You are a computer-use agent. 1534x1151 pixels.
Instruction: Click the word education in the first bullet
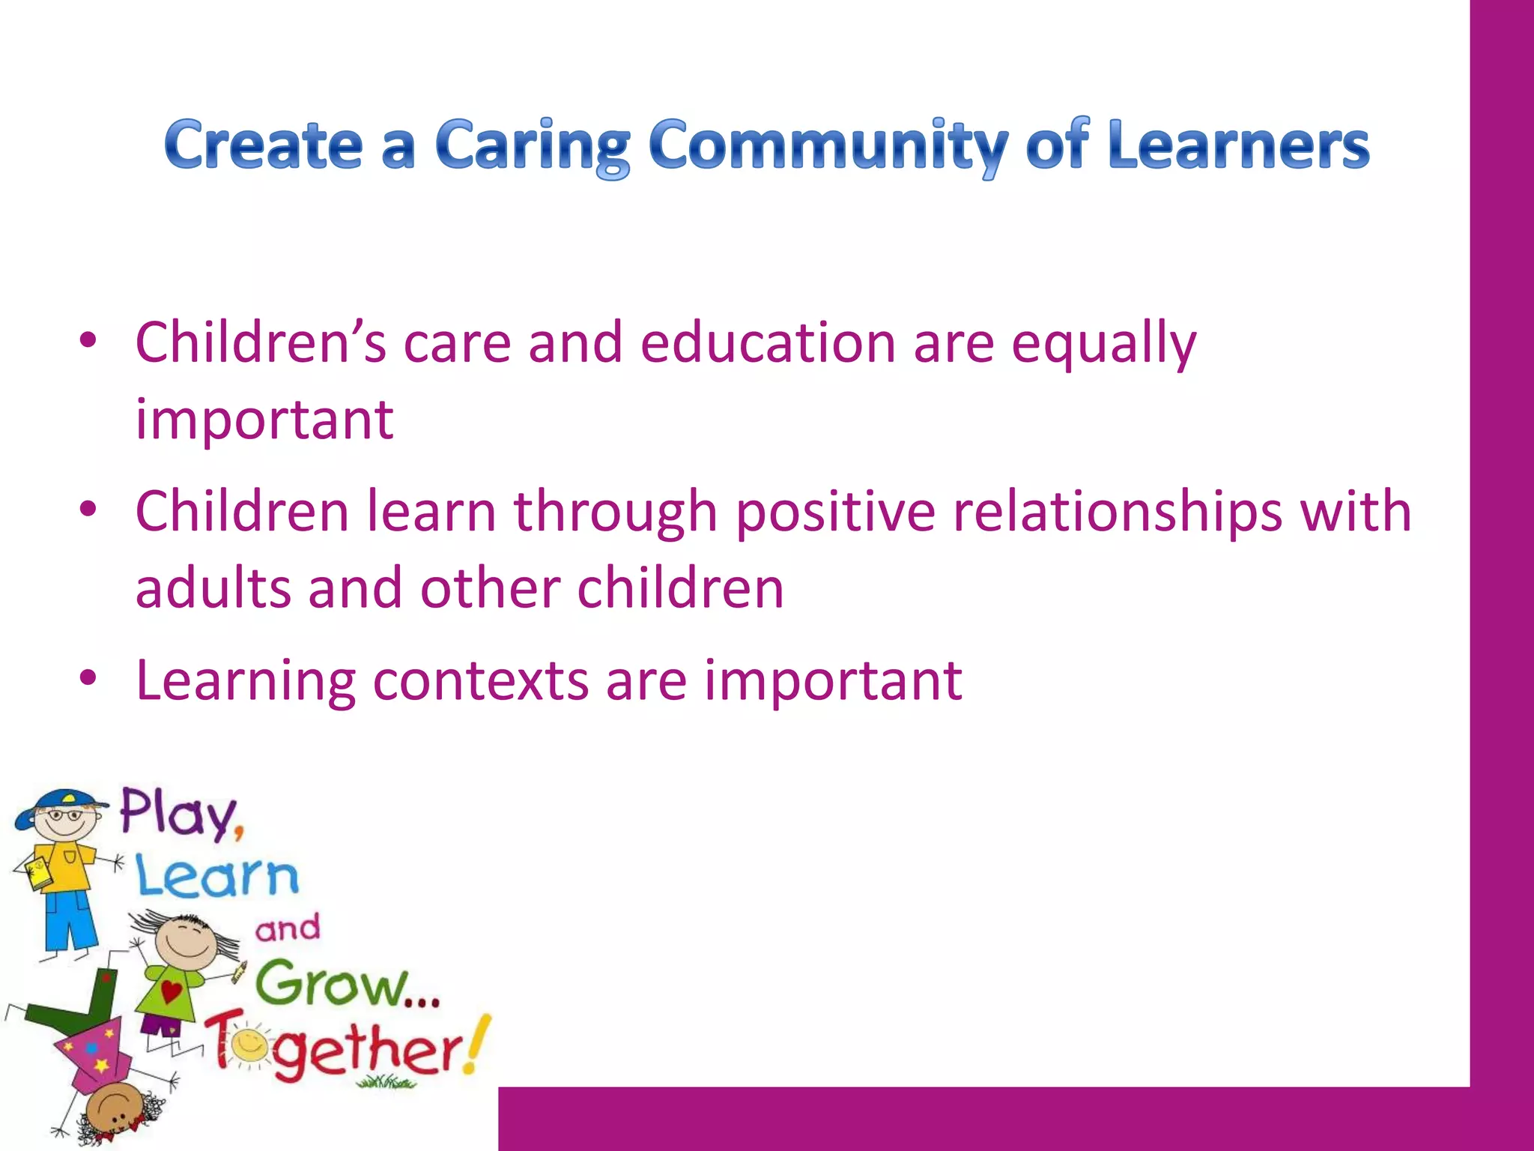pyautogui.click(x=768, y=342)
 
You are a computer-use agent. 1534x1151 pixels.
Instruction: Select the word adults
pyautogui.click(x=213, y=588)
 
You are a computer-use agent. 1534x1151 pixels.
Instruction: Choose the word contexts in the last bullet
pyautogui.click(x=480, y=681)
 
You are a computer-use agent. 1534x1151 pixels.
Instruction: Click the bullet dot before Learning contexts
pyautogui.click(x=88, y=678)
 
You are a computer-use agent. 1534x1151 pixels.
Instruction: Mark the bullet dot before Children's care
pyautogui.click(x=88, y=340)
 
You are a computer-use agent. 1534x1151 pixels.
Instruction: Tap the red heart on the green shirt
pyautogui.click(x=172, y=991)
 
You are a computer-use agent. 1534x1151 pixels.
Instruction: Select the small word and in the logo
pyautogui.click(x=288, y=929)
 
